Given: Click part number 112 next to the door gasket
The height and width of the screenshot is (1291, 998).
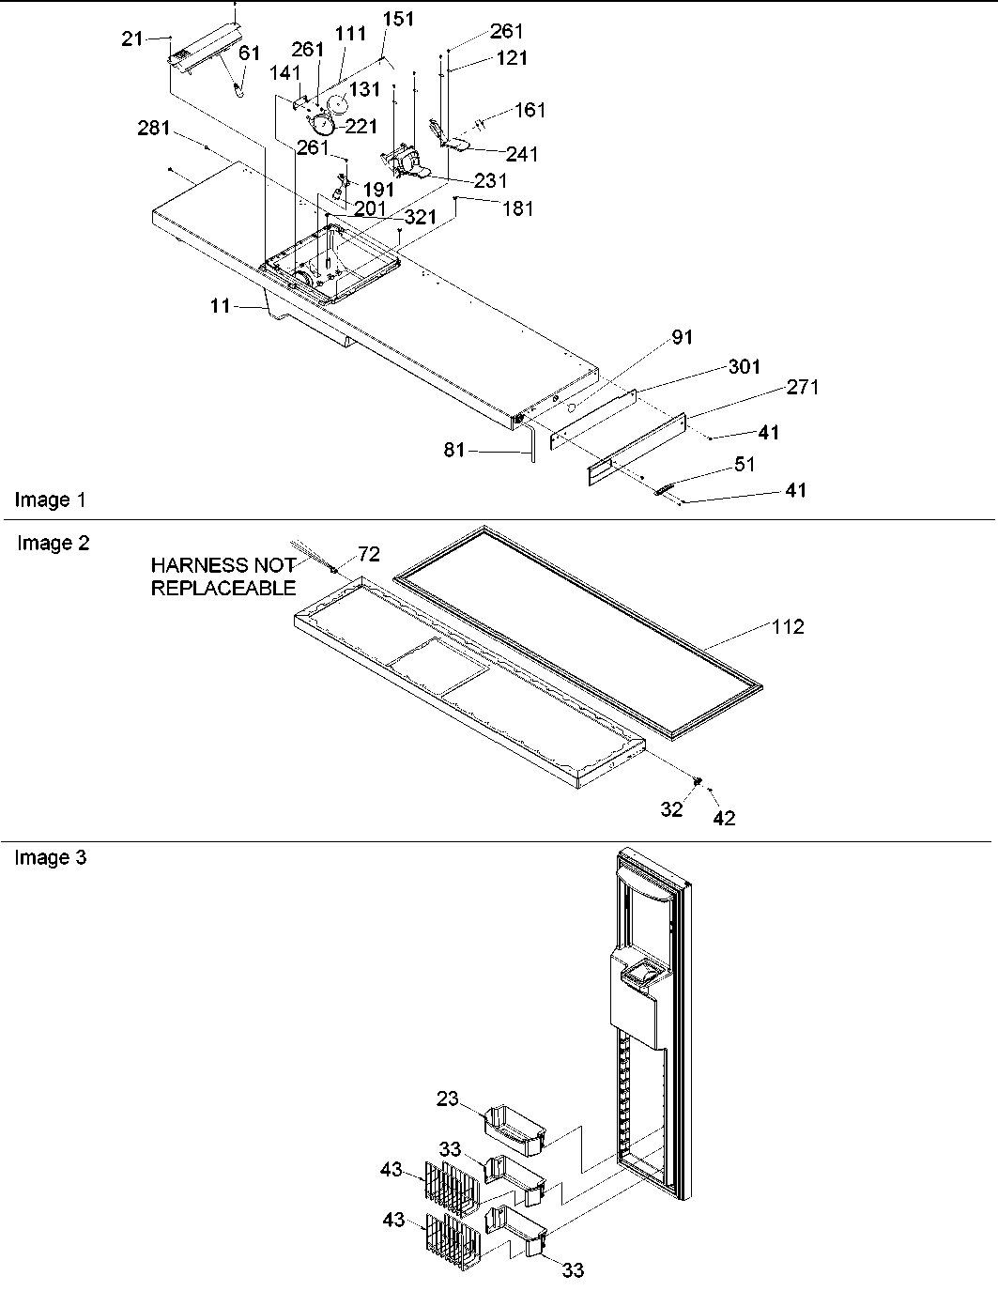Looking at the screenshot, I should (788, 626).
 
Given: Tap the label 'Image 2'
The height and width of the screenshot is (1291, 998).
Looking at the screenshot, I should (54, 543).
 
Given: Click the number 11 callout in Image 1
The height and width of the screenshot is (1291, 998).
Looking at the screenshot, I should (220, 305).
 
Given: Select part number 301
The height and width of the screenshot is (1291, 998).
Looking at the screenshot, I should (745, 366).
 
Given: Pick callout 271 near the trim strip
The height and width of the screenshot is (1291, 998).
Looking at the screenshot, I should (803, 387).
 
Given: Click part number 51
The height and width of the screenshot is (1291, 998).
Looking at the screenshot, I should (745, 464).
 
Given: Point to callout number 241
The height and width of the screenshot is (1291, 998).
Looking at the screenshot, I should (522, 154).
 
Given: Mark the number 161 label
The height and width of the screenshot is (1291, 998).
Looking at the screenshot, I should (530, 111).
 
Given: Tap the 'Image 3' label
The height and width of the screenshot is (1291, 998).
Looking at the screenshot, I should (50, 857).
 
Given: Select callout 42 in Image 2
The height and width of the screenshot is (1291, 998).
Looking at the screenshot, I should (724, 818).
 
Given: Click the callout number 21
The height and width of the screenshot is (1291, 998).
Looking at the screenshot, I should (132, 38).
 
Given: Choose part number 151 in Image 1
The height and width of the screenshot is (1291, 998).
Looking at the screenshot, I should (398, 20).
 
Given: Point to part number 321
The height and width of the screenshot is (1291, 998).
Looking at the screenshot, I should (421, 217).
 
